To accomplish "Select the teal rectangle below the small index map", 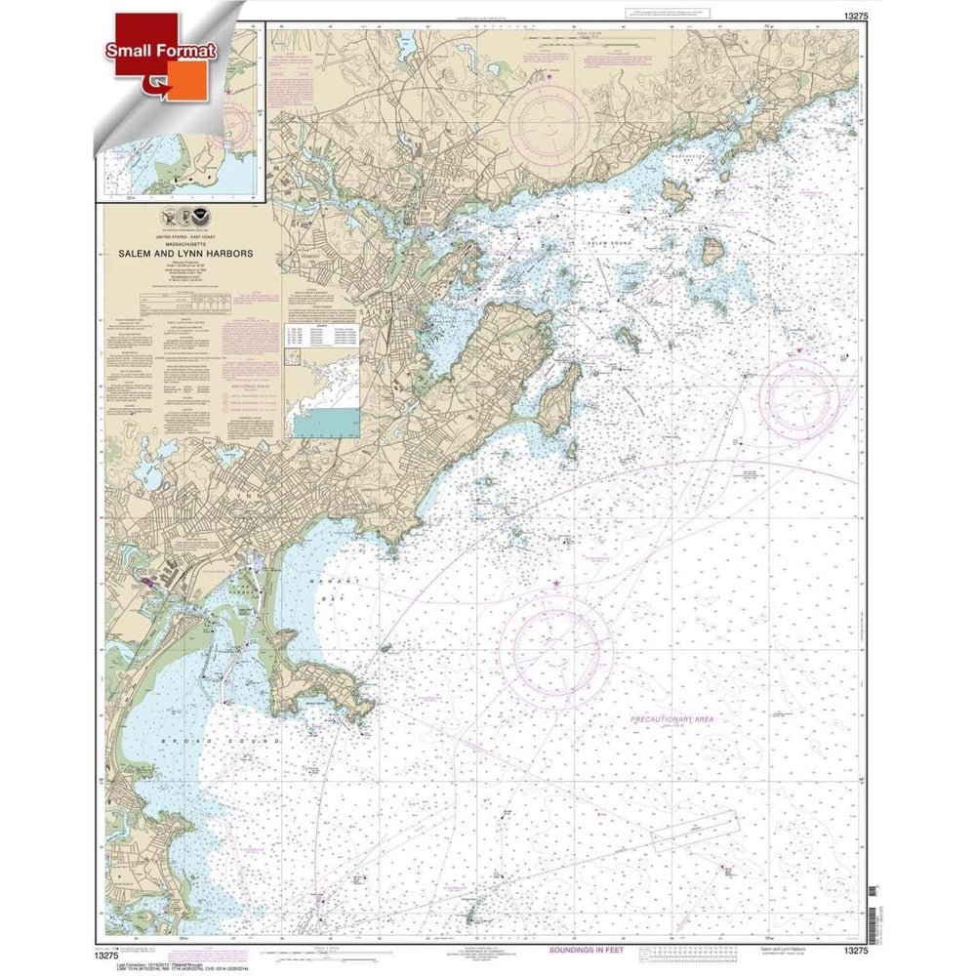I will tap(326, 422).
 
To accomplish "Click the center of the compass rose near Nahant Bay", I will tap(555, 643).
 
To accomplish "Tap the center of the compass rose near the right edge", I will tap(798, 398).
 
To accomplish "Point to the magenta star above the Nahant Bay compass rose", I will tap(556, 584).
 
